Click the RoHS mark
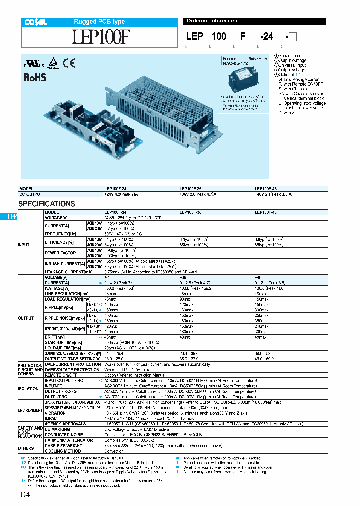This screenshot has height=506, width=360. point(35,77)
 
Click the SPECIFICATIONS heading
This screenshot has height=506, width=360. point(47,204)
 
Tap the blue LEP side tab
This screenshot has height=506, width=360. point(12,216)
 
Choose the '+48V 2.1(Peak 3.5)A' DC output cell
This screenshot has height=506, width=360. point(273,194)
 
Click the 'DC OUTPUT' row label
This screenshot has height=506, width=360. point(31,194)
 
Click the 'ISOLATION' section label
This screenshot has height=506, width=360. point(25,387)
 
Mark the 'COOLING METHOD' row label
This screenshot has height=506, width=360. point(63,451)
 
